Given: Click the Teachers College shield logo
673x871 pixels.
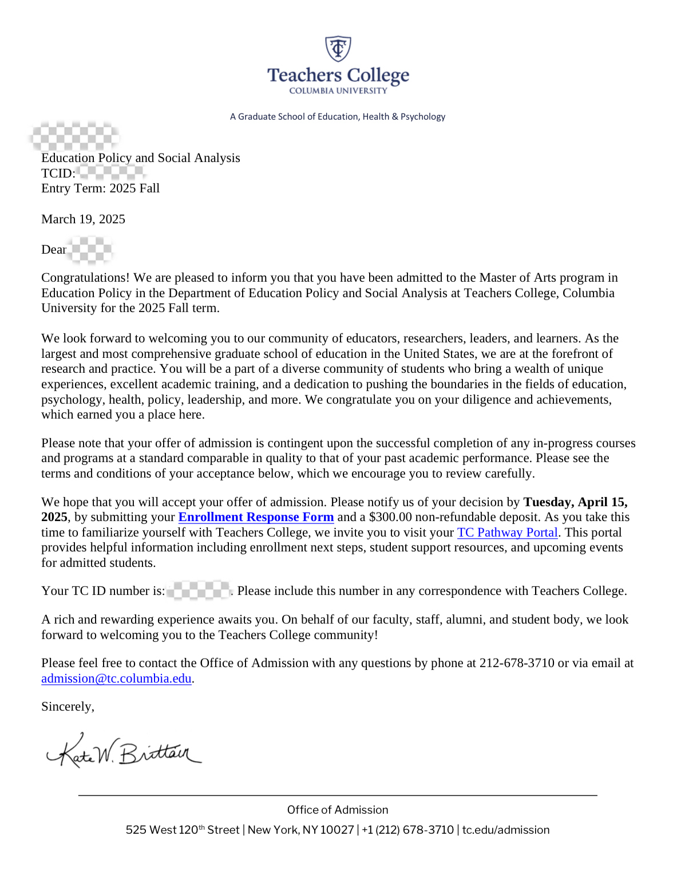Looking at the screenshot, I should pos(338,49).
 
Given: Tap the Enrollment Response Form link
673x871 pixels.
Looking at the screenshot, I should pos(256,517).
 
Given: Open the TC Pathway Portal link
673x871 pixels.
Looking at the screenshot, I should pos(507,533).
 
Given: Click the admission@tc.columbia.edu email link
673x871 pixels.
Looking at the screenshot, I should pos(116,679).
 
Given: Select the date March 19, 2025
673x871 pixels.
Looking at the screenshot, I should pos(83,219).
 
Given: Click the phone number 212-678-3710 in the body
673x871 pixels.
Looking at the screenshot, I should pos(517,663).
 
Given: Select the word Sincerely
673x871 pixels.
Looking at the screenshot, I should pos(66,707).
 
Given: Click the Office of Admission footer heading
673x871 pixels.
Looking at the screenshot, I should pos(338,810).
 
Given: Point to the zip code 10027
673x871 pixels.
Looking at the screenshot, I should pos(337,830).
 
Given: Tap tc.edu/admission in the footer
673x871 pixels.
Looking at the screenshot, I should pos(506,830).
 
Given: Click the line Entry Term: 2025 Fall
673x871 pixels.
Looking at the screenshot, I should pos(100,188).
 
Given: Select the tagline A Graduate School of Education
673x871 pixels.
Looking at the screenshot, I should pos(338,117).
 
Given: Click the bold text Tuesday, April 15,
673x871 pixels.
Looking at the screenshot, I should pos(575,502).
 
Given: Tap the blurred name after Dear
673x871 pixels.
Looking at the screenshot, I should pos(90,250).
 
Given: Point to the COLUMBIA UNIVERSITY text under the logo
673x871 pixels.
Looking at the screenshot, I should pos(338,90).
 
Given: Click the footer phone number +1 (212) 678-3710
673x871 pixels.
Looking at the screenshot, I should pos(407,830).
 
